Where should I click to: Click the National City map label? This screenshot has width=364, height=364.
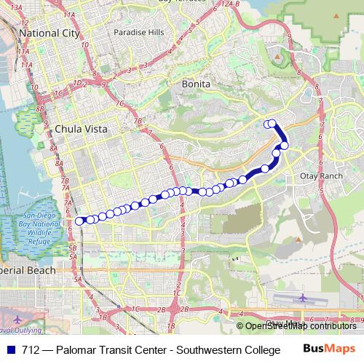[49, 33]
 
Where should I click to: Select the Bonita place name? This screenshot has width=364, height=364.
[196, 84]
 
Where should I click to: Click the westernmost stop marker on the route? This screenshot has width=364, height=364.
[80, 221]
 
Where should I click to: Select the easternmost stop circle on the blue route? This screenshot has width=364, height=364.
[284, 146]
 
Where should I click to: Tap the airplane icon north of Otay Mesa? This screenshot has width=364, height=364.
[302, 298]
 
